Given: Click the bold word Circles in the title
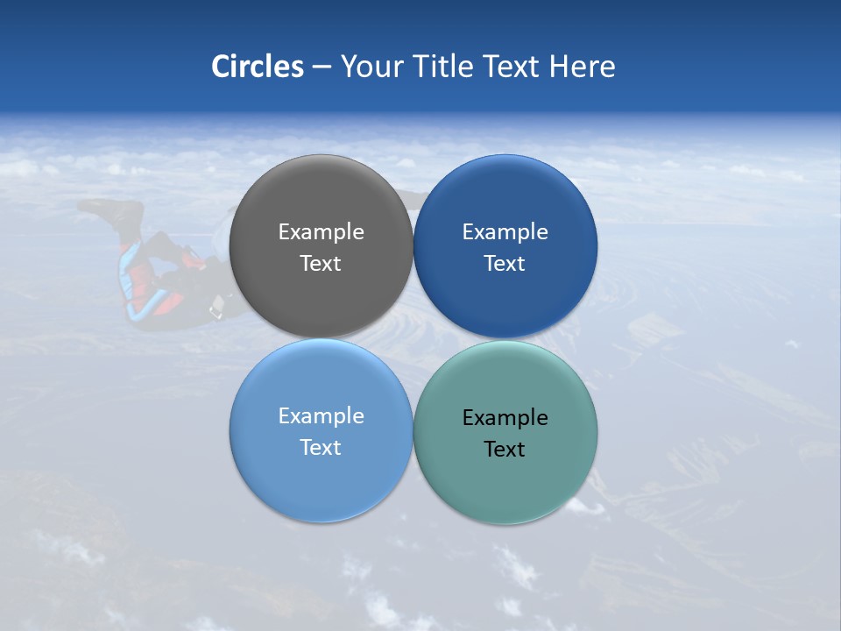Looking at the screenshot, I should click(x=258, y=67).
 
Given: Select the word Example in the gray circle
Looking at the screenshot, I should click(x=321, y=231).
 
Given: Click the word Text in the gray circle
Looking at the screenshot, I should click(x=321, y=264).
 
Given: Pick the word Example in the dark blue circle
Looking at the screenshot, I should click(x=505, y=231).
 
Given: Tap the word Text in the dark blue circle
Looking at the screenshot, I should click(x=505, y=264).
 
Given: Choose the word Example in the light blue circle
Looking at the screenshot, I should click(x=321, y=415).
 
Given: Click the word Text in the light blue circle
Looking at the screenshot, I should click(x=321, y=448).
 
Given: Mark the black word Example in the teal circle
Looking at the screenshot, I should click(x=505, y=417).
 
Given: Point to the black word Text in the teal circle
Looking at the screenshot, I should click(x=505, y=450).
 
